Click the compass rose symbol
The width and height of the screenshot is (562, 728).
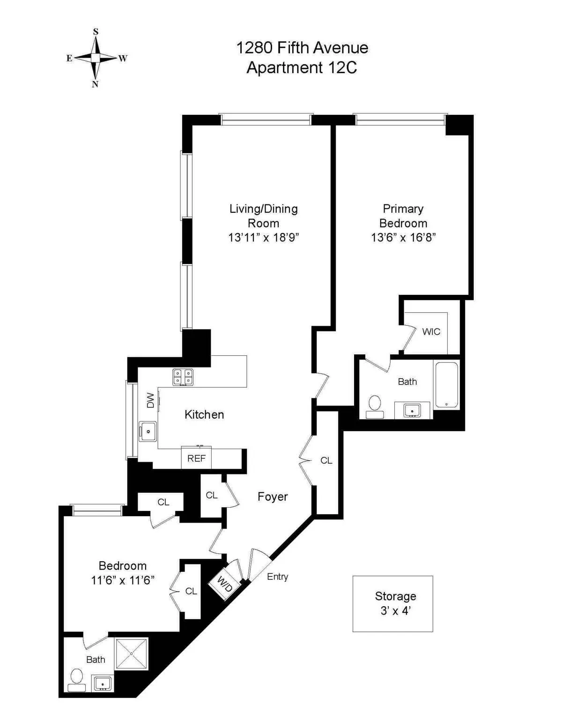[96, 58]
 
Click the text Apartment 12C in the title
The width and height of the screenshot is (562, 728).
[302, 68]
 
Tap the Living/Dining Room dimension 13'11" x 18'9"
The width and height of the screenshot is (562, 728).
[263, 238]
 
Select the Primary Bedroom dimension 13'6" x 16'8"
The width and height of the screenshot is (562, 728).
[403, 238]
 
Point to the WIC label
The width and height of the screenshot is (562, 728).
[431, 332]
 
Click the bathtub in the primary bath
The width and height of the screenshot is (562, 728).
[446, 384]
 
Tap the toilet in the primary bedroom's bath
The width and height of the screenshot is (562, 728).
[375, 406]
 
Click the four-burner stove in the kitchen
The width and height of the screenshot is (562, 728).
[183, 377]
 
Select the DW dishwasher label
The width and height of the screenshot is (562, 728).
[150, 400]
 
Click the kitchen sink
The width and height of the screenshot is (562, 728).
[148, 431]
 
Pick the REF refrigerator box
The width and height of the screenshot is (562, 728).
[196, 458]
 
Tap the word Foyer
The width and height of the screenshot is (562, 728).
[273, 496]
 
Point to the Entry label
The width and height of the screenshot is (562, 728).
[277, 577]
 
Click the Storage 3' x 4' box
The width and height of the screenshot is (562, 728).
[392, 603]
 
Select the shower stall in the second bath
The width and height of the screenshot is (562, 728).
[132, 653]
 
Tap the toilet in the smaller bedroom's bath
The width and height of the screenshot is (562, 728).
[76, 680]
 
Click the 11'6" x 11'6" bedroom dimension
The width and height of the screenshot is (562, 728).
[123, 580]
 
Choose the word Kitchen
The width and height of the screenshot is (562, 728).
[204, 414]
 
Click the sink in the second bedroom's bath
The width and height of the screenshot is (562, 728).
[103, 683]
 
